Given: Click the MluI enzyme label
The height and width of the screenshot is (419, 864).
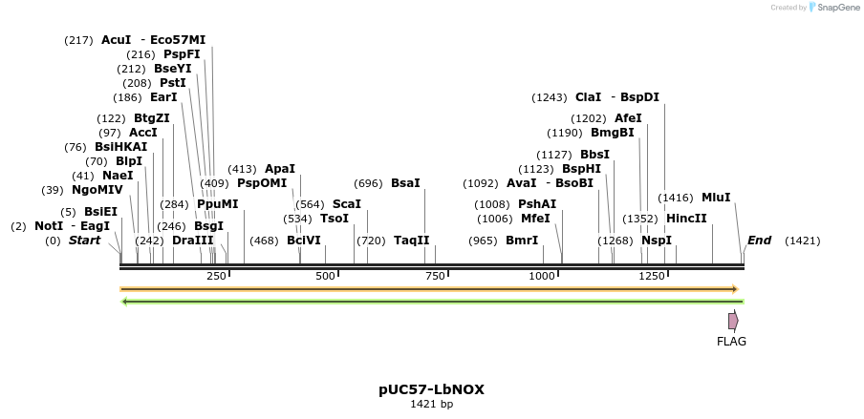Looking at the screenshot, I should point(716,198).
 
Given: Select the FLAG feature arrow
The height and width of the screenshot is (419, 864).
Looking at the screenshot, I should point(733,321).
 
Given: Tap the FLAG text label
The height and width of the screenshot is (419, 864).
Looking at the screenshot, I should point(732,342).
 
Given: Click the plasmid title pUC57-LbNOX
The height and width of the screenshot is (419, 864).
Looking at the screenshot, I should point(431,389).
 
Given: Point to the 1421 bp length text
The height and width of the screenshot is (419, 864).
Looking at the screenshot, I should point(431,405).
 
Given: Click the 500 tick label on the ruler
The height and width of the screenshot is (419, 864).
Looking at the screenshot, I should point(326,276).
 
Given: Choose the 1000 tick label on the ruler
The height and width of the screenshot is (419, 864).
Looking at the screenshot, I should point(543,276).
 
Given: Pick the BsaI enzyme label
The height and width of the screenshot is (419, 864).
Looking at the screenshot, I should point(405,183).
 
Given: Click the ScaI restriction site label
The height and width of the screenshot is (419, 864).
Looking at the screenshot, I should point(347,204).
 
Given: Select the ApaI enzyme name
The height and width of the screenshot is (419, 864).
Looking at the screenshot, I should point(280,169).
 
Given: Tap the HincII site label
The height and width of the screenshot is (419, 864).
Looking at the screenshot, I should point(686,219).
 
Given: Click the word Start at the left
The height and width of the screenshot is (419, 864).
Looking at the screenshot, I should point(84,241).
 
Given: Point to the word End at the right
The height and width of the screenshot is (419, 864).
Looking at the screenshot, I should point(759,241).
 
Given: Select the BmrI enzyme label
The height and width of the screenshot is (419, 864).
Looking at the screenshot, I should point(522,241).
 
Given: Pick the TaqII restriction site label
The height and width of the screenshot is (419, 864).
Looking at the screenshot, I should point(412,241).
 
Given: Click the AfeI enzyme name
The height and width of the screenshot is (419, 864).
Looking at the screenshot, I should point(628,118).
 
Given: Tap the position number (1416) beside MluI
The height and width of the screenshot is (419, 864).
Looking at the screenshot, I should point(676,198).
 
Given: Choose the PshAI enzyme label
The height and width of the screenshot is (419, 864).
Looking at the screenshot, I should point(537,204).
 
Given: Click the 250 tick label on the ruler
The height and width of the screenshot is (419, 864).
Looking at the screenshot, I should point(217,276).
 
